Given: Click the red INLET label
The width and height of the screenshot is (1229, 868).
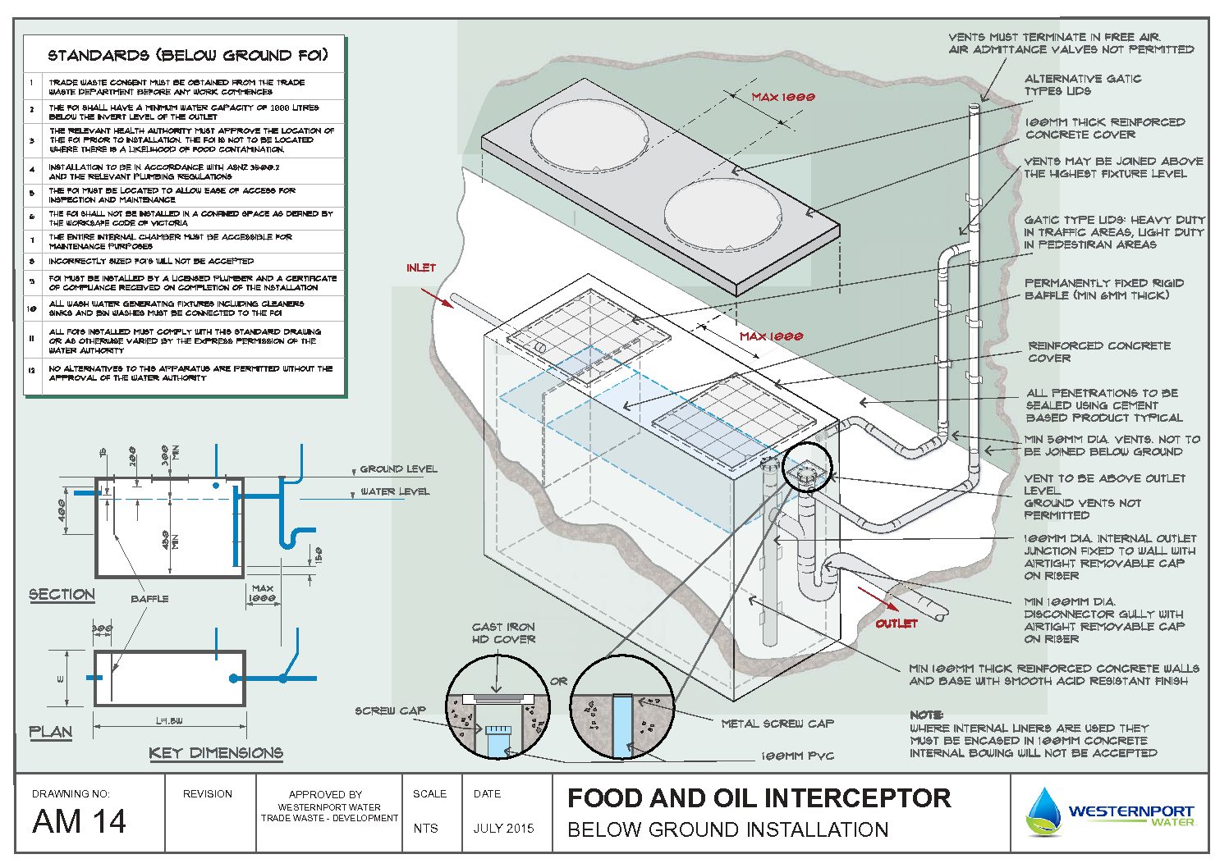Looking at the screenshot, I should click(421, 267).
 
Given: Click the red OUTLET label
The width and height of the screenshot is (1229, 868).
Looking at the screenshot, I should click(896, 624).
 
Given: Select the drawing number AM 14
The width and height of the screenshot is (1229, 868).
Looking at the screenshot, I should click(80, 821).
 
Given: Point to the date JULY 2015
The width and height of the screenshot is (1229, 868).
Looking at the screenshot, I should click(503, 828).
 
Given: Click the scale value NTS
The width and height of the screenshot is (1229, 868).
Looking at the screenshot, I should click(425, 828).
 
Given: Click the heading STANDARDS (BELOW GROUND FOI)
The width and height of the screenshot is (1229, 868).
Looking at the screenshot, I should click(188, 56).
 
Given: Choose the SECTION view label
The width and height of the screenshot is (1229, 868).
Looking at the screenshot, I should click(62, 594).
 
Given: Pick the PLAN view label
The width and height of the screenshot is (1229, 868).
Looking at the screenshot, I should click(51, 731).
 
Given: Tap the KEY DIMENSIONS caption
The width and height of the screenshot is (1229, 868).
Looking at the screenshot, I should click(216, 752).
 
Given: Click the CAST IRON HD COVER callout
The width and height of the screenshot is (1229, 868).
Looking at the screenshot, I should click(503, 633).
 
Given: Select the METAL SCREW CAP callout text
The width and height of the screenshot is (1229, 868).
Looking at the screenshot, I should click(777, 724).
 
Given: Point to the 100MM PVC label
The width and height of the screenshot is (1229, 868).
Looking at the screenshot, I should click(796, 756).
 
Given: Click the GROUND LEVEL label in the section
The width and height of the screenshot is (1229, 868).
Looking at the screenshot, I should click(398, 469).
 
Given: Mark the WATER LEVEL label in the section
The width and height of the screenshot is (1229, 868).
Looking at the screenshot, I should click(395, 491).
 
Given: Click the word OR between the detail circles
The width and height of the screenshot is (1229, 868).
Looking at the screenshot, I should click(559, 681).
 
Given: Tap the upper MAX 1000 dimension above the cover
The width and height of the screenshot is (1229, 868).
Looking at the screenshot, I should click(783, 97).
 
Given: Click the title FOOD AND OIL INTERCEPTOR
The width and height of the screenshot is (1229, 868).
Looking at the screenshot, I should click(759, 798).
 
